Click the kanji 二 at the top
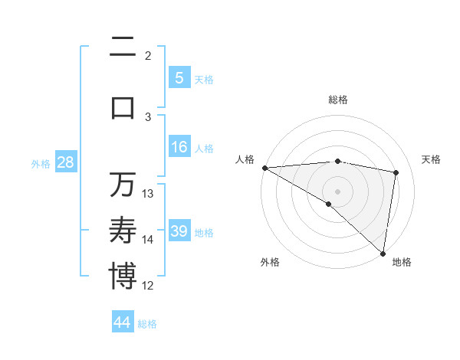[123, 48]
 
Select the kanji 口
[123, 107]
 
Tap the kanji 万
[123, 185]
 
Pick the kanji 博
[123, 276]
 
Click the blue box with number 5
[179, 77]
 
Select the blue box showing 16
[179, 147]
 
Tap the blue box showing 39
[179, 231]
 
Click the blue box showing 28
[65, 162]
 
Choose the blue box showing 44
[123, 322]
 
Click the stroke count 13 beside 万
[149, 194]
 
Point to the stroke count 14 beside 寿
[149, 240]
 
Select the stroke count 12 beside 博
[149, 286]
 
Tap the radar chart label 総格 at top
[337, 100]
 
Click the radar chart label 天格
[431, 159]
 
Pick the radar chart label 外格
[269, 262]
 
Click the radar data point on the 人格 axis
[264, 168]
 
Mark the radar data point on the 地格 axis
[383, 253]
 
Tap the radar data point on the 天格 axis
[396, 172]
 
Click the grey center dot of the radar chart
[337, 191]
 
